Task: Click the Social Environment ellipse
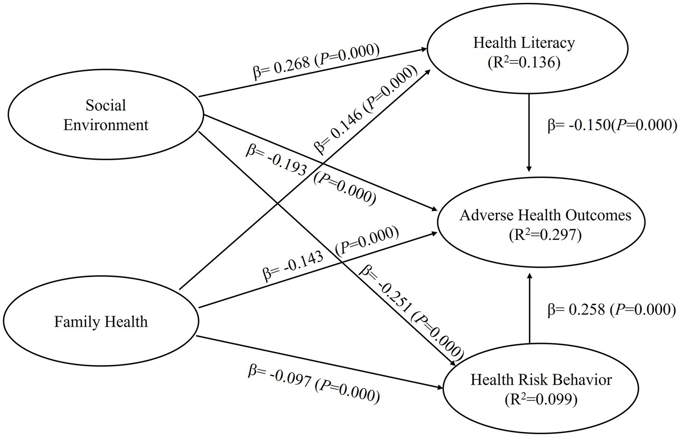point(106,115)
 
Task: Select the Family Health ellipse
point(101,321)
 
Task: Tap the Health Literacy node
point(524,53)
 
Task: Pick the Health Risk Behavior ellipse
point(541,389)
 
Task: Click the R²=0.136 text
point(524,63)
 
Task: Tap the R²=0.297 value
point(545,235)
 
